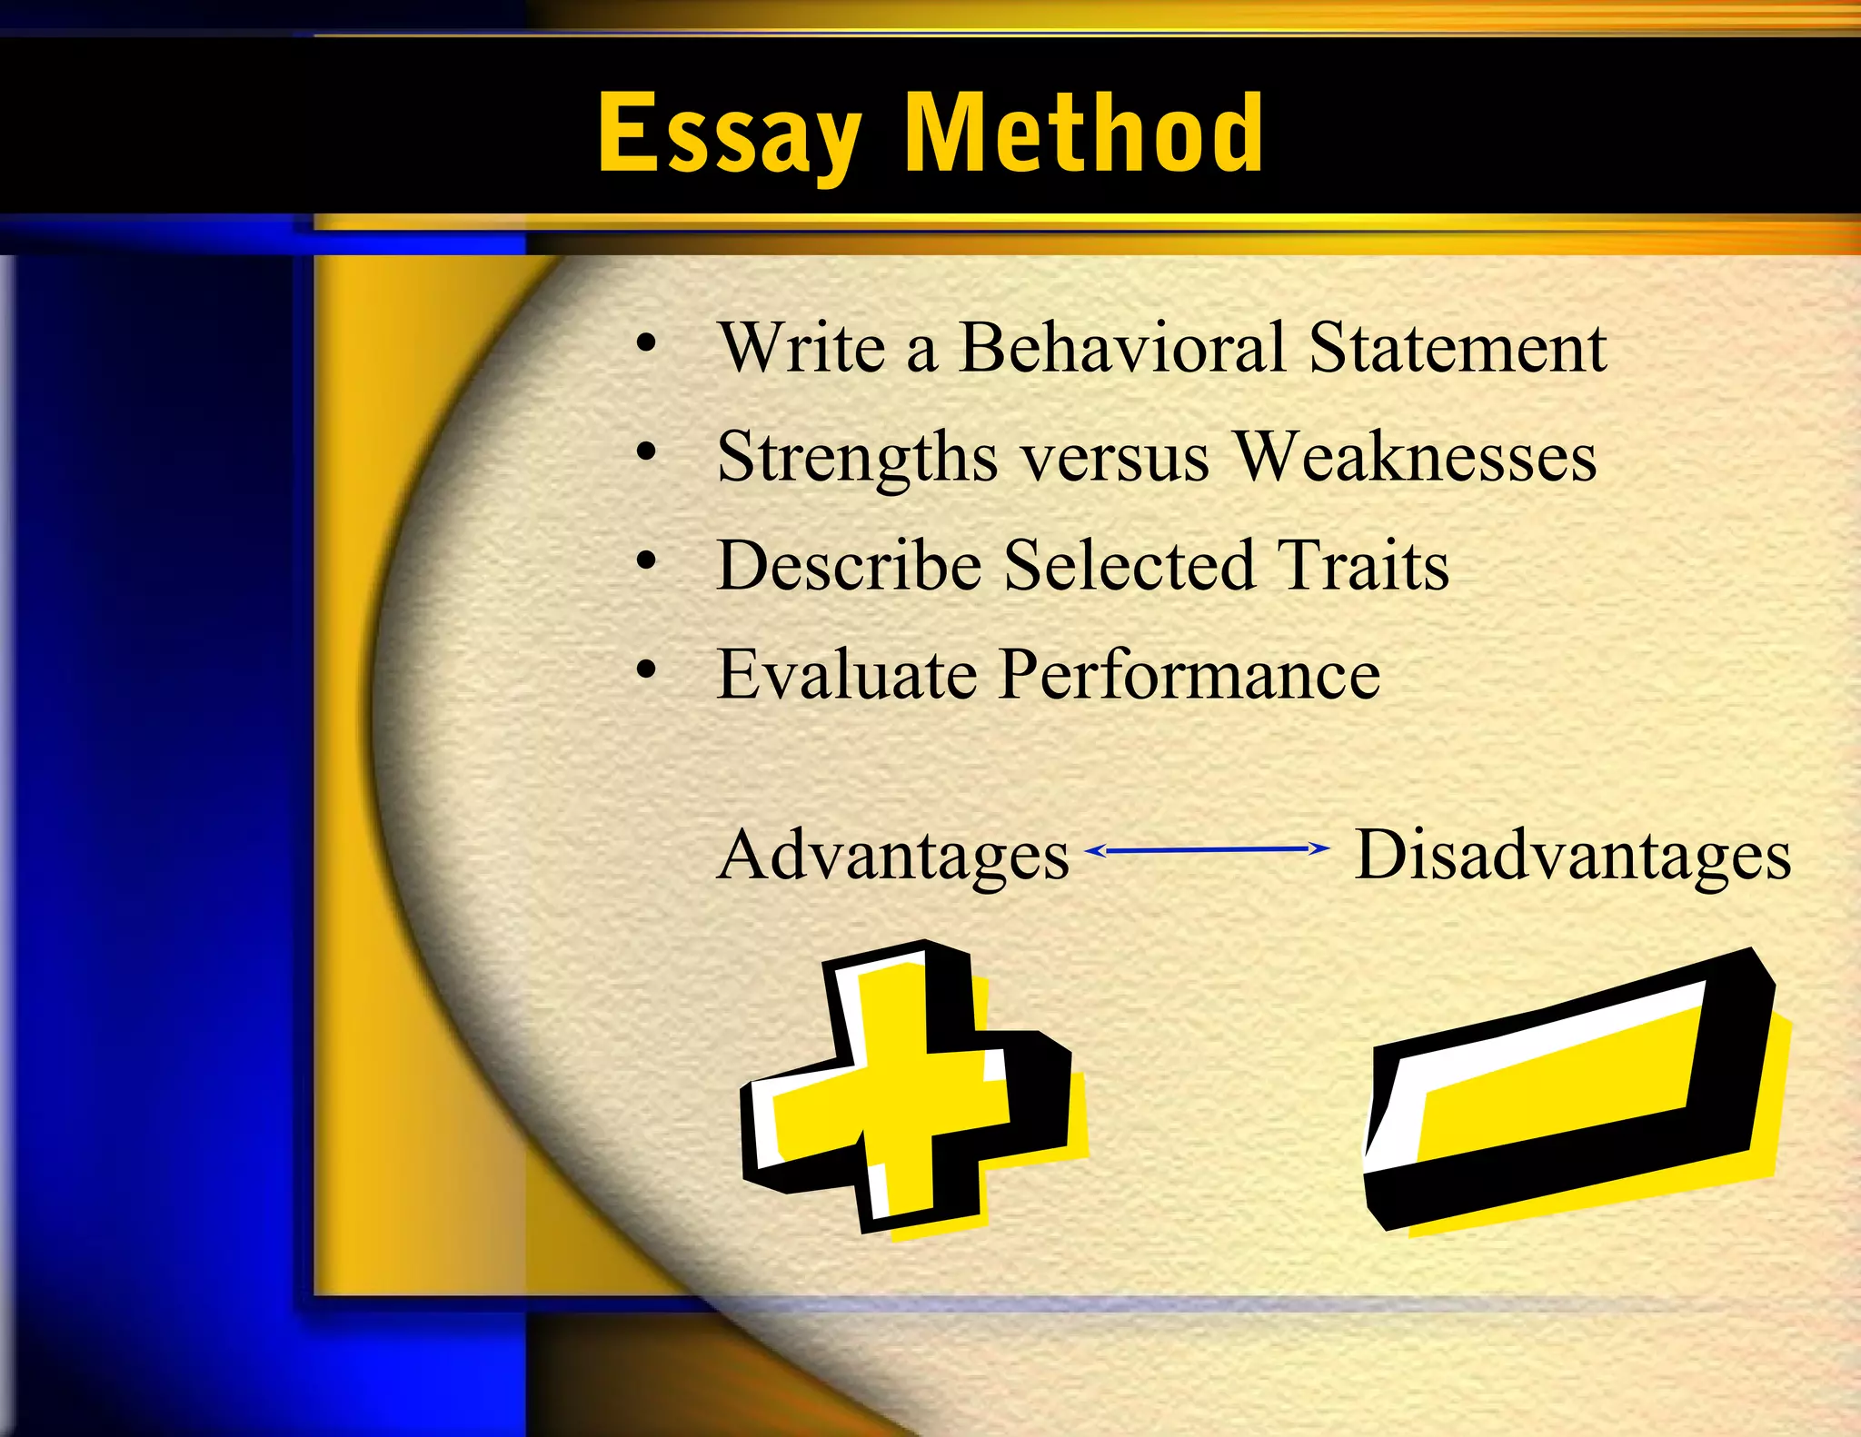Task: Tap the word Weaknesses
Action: click(x=1415, y=456)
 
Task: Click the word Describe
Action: click(x=849, y=565)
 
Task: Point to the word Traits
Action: click(x=1362, y=565)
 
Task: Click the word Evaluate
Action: click(x=847, y=674)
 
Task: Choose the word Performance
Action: click(x=1189, y=674)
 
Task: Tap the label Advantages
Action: click(x=893, y=856)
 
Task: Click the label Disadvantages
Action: click(x=1572, y=856)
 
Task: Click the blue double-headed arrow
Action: click(x=1208, y=849)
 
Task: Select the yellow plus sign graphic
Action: click(x=909, y=1088)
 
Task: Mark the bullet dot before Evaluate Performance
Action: click(x=646, y=670)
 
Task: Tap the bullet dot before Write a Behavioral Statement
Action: click(x=646, y=343)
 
